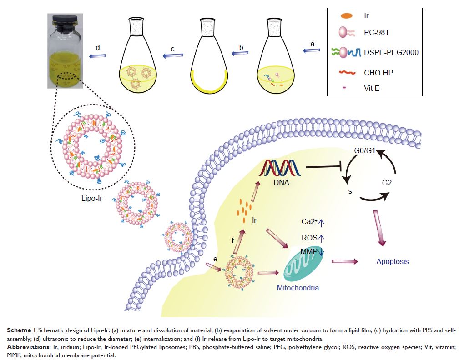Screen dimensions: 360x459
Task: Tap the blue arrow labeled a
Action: tap(312, 50)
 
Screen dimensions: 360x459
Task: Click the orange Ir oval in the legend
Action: tap(346, 16)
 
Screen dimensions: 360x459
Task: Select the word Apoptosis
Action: tap(392, 261)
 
